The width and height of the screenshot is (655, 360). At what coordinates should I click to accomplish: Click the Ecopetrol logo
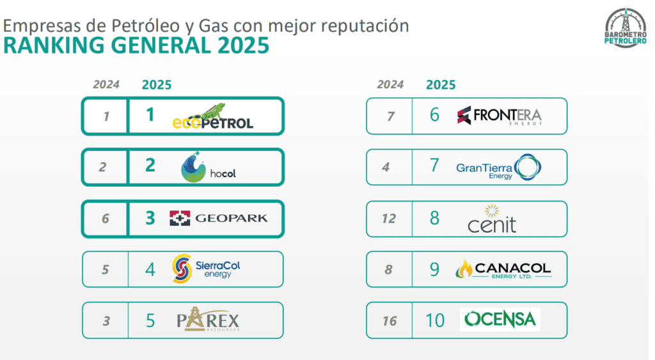pos(212,117)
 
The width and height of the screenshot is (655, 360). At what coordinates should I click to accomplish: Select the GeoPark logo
pos(218,218)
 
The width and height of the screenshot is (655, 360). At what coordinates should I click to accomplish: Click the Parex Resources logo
pos(208,320)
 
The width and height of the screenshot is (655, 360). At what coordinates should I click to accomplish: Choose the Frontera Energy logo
pos(499,116)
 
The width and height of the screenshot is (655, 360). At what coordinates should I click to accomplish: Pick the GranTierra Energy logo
pos(499,167)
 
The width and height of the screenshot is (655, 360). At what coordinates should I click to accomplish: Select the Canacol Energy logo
pos(503,269)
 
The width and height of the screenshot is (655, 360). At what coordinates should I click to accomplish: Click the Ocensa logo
pos(500,319)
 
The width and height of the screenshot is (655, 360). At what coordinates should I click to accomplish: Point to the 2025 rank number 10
pos(435,320)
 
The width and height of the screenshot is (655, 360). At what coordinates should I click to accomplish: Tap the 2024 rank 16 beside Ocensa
pos(389,321)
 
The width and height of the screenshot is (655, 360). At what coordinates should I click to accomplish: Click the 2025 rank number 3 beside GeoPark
pos(150,218)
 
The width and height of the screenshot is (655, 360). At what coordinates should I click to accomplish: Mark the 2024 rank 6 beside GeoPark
pos(106,219)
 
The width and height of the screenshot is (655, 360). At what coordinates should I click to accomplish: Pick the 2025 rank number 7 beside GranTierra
pos(435,166)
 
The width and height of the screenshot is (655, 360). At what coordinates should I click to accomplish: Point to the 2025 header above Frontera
pos(441,84)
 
